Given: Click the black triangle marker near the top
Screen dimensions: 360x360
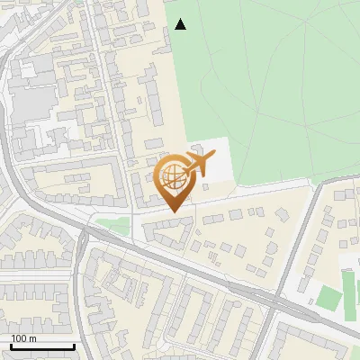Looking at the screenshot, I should [x=180, y=24].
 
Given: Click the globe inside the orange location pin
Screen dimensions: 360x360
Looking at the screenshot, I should [x=173, y=175].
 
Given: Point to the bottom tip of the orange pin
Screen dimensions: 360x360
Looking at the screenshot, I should [x=173, y=211].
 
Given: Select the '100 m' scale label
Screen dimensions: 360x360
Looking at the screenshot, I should [x=23, y=338].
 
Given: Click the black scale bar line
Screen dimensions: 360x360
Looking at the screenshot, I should [x=42, y=346].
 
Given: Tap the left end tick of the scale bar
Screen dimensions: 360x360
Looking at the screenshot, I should [x=11, y=345].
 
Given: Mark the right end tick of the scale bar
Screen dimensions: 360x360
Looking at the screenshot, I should [x=74, y=345].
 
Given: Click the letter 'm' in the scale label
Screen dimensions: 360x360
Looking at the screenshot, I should [x=32, y=338].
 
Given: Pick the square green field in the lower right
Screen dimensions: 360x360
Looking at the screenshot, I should [x=329, y=298].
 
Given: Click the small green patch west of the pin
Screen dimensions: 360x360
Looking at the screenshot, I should [x=113, y=225].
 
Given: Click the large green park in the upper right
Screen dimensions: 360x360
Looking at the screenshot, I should [x=270, y=81].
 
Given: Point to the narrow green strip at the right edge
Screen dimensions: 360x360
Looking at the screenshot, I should [x=355, y=288].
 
